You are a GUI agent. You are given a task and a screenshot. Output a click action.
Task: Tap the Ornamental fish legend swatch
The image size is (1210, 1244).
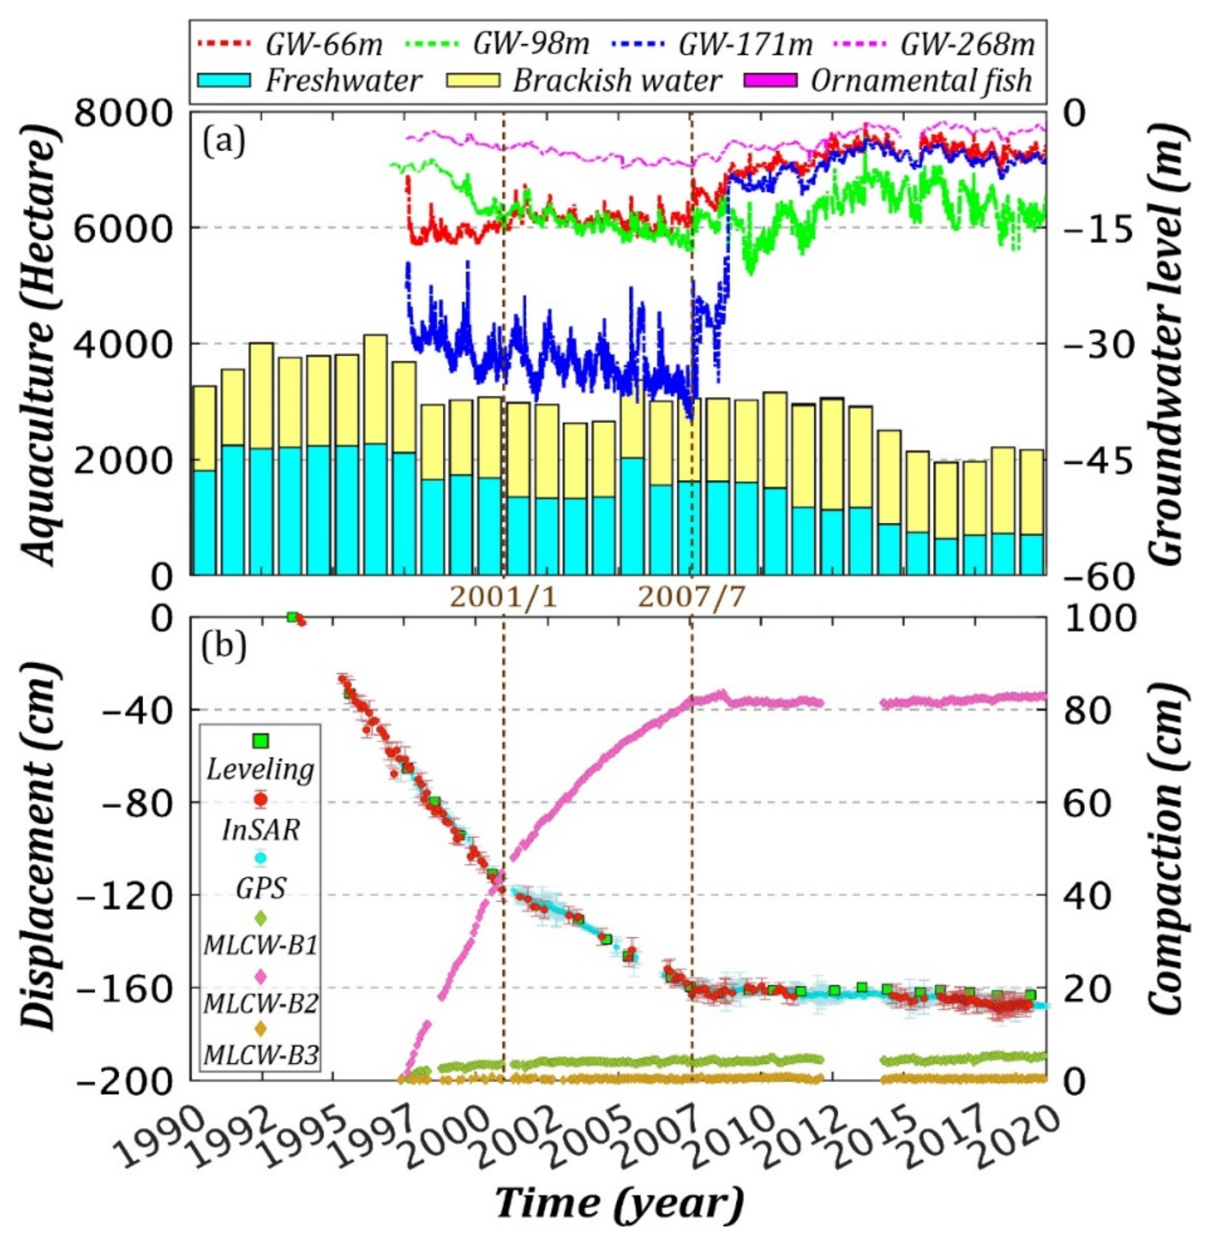click(x=771, y=81)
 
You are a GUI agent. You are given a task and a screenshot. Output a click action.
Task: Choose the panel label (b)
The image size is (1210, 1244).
click(x=223, y=648)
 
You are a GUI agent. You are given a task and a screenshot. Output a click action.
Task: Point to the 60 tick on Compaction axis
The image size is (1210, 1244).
click(x=1088, y=803)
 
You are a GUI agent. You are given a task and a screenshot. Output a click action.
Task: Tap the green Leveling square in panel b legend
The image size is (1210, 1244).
click(x=260, y=740)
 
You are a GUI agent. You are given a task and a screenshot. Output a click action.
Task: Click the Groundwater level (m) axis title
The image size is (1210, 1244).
click(x=1168, y=343)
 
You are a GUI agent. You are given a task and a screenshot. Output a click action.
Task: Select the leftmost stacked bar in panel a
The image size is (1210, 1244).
click(x=204, y=480)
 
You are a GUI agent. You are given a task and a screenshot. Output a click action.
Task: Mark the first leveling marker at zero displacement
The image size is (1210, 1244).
click(x=292, y=617)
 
